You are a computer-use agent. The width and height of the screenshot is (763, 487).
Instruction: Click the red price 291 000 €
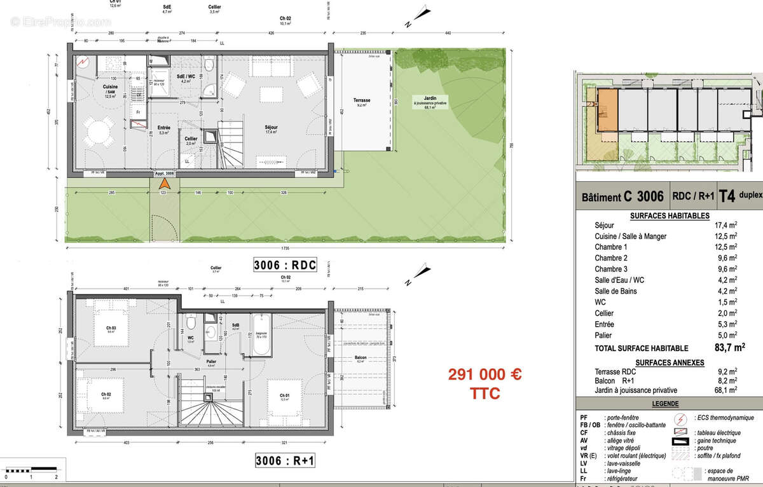pos(485,375)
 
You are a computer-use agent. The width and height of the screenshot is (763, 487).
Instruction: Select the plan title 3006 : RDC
pos(285,266)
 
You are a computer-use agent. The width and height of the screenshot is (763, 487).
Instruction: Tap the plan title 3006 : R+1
pos(285,460)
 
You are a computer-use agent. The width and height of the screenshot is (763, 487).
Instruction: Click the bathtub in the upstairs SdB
pos(261,332)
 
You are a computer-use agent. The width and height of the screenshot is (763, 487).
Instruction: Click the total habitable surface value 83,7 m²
pos(729,348)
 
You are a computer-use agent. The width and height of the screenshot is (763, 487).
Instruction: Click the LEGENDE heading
pos(665,404)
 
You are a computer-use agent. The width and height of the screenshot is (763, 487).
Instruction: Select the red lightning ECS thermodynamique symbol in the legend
pos(681,418)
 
